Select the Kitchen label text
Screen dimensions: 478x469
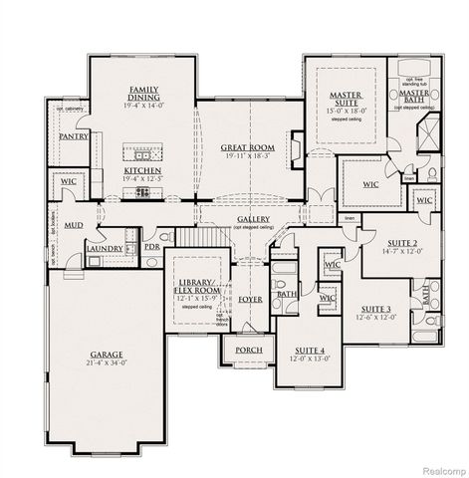coord(142,170)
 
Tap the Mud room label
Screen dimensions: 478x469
coord(74,225)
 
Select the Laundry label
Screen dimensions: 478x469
coord(105,248)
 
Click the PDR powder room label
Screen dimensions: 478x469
coord(151,246)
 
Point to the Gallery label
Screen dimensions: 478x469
coord(255,219)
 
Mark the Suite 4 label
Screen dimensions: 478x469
coord(307,351)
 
